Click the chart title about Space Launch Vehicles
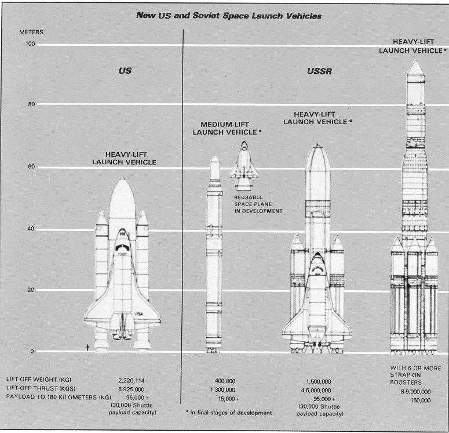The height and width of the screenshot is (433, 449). click(229, 16)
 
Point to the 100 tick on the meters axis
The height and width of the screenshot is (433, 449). click(31, 44)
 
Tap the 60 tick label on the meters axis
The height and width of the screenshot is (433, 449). click(31, 167)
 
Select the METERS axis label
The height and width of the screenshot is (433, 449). click(31, 32)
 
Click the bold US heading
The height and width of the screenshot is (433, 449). click(125, 71)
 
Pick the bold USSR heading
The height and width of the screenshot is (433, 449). click(319, 71)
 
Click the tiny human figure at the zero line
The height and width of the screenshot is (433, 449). click(87, 348)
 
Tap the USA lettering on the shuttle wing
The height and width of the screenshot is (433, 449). click(139, 314)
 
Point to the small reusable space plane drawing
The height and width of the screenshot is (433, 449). click(244, 165)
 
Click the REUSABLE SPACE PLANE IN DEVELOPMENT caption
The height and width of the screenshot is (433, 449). click(258, 204)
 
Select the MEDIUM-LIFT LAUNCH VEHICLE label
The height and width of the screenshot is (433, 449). click(227, 128)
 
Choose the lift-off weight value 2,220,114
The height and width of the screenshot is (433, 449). click(132, 381)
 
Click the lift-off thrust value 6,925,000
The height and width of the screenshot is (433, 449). click(132, 389)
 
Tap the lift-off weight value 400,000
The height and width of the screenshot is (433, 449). click(225, 381)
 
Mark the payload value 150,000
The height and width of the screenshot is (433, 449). click(421, 400)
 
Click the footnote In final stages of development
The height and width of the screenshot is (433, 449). click(229, 413)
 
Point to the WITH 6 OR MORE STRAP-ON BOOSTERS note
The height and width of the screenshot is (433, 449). click(415, 375)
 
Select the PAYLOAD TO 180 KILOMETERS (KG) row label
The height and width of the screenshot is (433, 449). click(59, 397)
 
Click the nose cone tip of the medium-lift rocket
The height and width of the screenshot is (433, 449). click(214, 156)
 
